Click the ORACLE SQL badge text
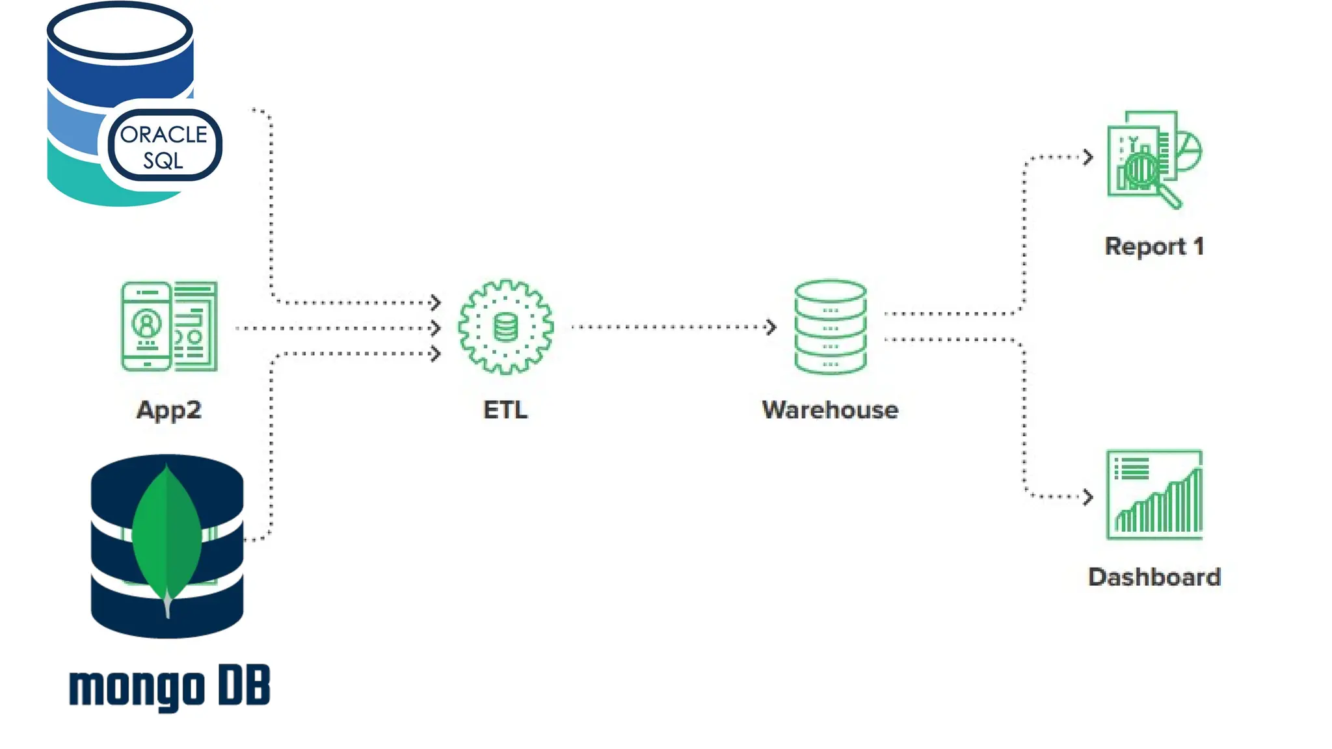click(164, 146)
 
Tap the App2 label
click(168, 410)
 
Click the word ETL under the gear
click(505, 410)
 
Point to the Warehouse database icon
click(830, 326)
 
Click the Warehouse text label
click(830, 410)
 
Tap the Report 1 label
click(1154, 246)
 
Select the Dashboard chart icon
click(1154, 495)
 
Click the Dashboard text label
click(1154, 577)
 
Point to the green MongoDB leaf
click(167, 533)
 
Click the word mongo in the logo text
click(137, 687)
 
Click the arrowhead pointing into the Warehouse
click(771, 326)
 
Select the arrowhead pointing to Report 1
click(1088, 157)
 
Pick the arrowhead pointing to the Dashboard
click(1088, 497)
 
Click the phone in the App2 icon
click(146, 326)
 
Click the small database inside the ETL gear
click(505, 327)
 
